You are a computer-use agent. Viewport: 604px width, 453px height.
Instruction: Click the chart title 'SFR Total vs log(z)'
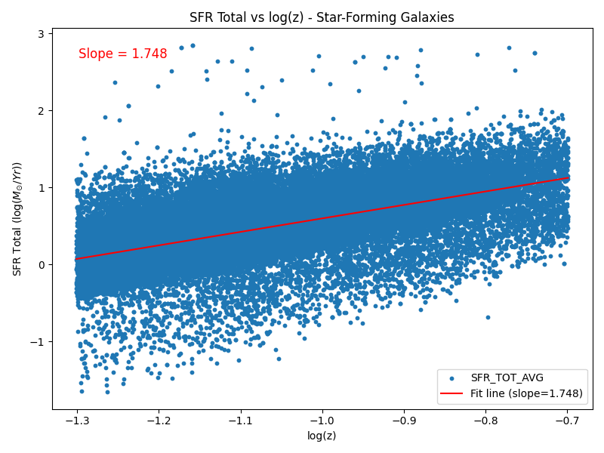(x=322, y=17)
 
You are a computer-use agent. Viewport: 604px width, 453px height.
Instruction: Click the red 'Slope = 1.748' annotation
(x=123, y=54)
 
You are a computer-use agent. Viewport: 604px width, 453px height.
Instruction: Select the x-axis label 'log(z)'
(x=322, y=436)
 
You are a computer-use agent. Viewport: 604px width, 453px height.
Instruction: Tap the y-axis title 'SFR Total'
(x=17, y=219)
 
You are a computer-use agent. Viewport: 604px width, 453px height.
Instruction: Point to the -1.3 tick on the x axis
(x=76, y=421)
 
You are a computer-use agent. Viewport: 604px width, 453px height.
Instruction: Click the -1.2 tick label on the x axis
(x=158, y=421)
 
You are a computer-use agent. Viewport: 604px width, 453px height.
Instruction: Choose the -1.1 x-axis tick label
(x=240, y=421)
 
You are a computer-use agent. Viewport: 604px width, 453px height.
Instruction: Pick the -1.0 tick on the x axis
(x=322, y=421)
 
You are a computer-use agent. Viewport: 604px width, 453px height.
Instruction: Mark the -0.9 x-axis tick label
(x=404, y=421)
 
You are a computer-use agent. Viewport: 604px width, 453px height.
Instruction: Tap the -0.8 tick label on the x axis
(x=485, y=421)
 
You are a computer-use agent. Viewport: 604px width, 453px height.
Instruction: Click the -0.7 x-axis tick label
(x=568, y=421)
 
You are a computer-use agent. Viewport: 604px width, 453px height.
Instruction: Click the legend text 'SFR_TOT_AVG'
(x=507, y=377)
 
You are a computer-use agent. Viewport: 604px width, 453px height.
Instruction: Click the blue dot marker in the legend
(x=451, y=377)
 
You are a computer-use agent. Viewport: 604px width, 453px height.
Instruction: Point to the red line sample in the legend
(x=451, y=393)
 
